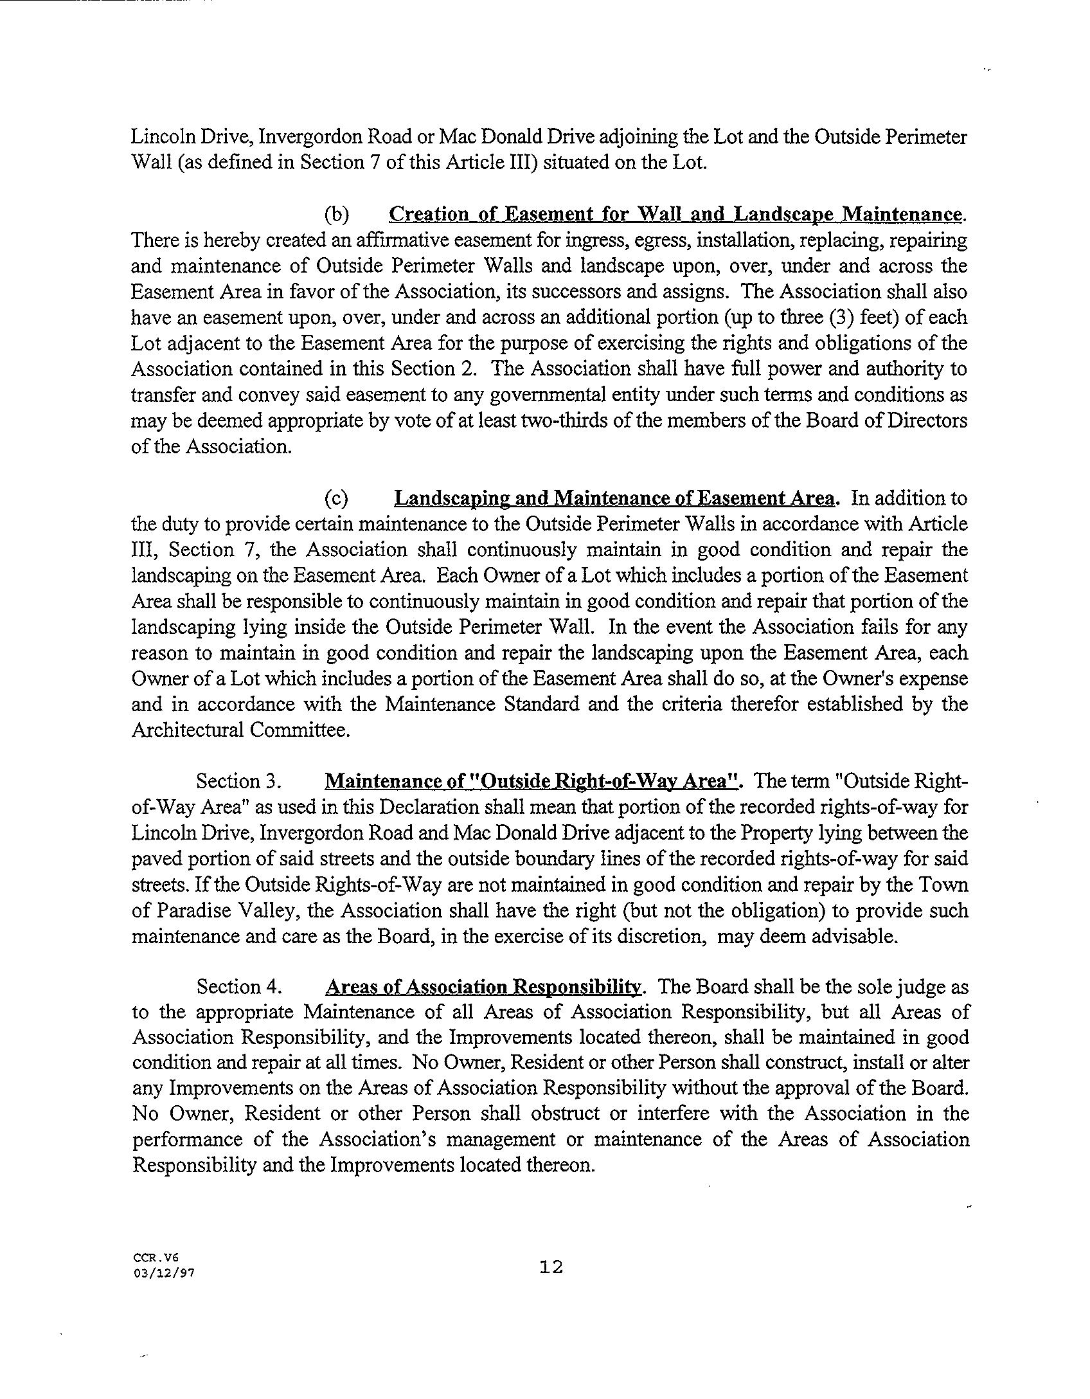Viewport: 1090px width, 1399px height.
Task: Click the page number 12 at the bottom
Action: tap(551, 1267)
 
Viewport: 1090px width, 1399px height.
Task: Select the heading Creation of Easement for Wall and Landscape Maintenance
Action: tap(676, 214)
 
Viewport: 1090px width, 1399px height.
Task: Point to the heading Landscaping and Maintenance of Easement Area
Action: tap(614, 498)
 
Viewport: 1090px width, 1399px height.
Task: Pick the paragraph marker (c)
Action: tap(337, 499)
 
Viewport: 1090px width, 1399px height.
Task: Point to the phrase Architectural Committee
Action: tap(240, 730)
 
